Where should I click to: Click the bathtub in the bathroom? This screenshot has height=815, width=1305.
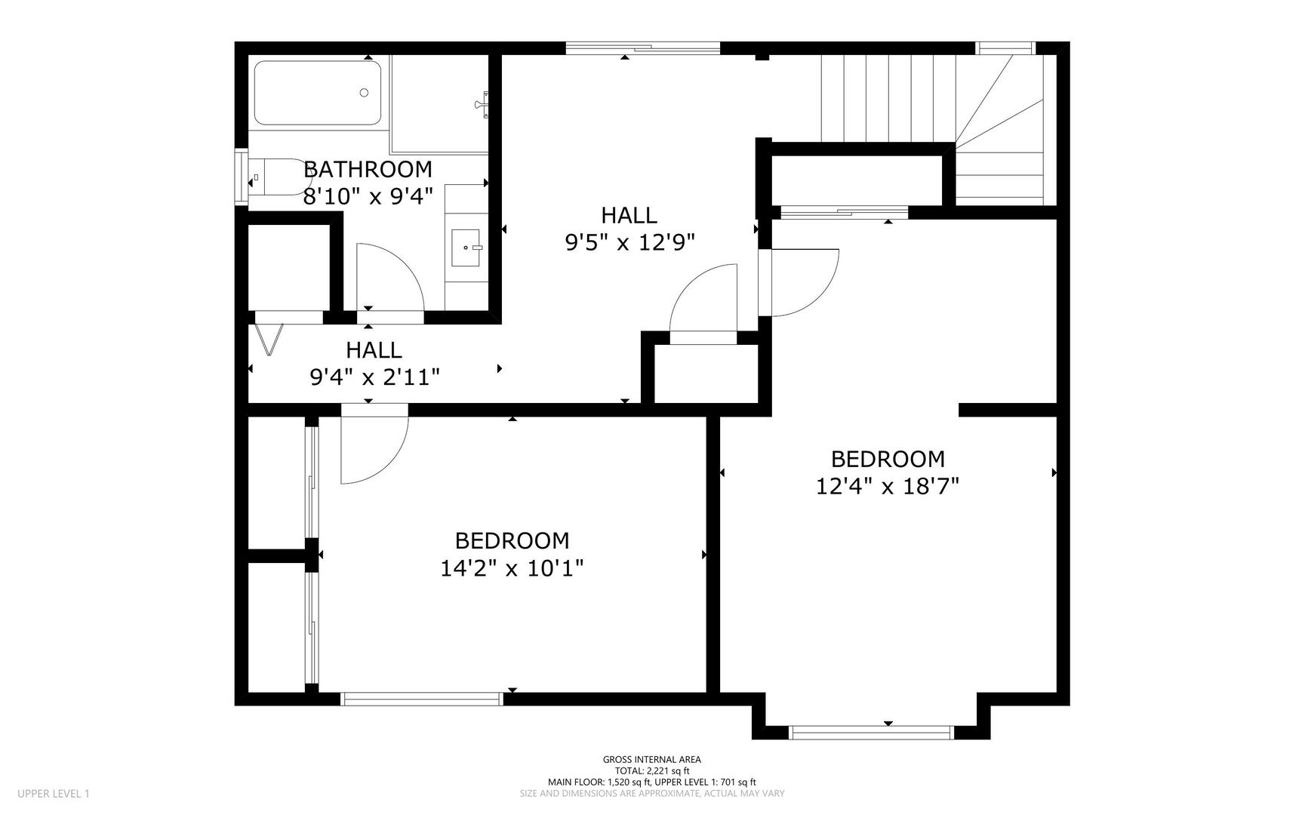317,93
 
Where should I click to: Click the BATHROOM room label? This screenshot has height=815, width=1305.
368,169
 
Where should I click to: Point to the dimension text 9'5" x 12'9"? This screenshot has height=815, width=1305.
629,242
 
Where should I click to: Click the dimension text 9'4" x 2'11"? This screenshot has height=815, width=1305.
374,377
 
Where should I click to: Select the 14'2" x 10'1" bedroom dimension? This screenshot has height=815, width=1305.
512,567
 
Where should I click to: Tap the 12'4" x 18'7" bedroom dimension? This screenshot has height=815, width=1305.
887,485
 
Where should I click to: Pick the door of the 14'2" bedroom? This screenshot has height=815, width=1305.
374,449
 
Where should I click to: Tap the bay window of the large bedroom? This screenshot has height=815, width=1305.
871,732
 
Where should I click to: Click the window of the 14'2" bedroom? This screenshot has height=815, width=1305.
423,699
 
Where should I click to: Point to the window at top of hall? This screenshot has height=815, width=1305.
642,48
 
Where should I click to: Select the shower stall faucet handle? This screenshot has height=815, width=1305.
484,104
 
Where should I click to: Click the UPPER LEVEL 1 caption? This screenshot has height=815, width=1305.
54,794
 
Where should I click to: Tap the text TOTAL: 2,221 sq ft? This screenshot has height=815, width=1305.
651,771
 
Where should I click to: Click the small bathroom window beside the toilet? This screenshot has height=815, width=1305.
241,177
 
